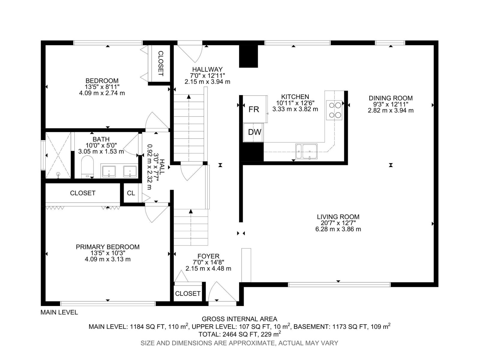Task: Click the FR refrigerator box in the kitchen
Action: point(255,109)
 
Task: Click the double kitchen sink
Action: point(306,151)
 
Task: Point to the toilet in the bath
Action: point(88,166)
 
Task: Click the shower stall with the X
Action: point(58,155)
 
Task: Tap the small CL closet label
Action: point(131,193)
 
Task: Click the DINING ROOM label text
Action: point(391,98)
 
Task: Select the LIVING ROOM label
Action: point(338,217)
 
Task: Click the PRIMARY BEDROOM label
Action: point(108,247)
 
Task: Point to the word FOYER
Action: point(208,256)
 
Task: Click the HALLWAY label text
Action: point(207,69)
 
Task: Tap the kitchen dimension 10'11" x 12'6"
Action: point(295,103)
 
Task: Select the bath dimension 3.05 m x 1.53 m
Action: point(101,151)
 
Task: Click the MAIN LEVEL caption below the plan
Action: point(59,312)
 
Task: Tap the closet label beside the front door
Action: point(187,294)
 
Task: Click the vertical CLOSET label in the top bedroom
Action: point(161,64)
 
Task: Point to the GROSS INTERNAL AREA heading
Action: point(239,319)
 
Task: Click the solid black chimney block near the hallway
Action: point(249,56)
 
